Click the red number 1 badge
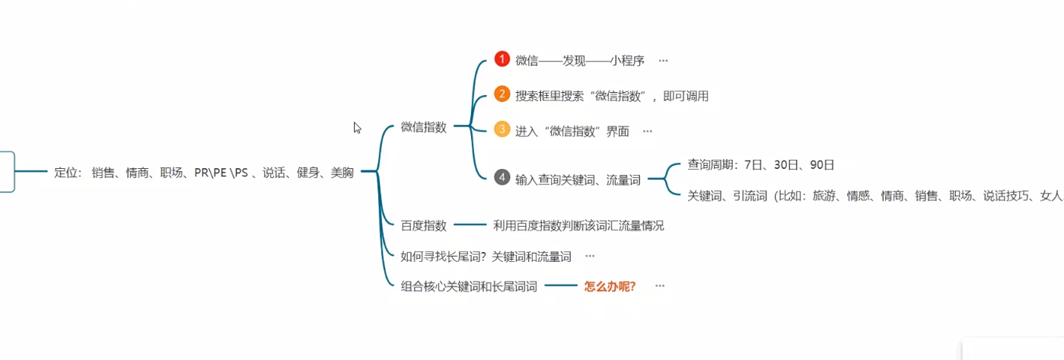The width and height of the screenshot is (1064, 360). tap(501, 59)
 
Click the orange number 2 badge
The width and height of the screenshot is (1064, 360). tap(501, 94)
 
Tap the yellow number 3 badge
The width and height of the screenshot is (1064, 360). tap(501, 129)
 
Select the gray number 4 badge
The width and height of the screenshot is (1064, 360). tap(501, 177)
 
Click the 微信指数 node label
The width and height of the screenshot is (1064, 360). tap(424, 127)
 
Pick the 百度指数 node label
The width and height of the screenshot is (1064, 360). tap(424, 225)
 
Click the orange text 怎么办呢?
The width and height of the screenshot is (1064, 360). tap(610, 286)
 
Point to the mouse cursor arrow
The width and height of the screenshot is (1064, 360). tap(356, 127)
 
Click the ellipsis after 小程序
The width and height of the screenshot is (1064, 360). tap(663, 60)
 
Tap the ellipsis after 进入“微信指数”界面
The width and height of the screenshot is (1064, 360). tap(648, 130)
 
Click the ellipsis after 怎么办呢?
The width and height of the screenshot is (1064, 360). tap(660, 286)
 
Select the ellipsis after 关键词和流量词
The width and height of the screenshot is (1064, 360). tap(590, 256)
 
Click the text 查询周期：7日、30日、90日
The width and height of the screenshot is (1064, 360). tap(761, 164)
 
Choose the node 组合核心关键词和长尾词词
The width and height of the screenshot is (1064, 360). tap(469, 286)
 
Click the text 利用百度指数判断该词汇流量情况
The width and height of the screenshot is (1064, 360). tap(578, 225)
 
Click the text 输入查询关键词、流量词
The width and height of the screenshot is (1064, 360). tap(578, 180)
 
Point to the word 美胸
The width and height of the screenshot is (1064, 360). tap(342, 173)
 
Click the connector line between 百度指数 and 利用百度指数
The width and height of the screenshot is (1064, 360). tap(470, 225)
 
